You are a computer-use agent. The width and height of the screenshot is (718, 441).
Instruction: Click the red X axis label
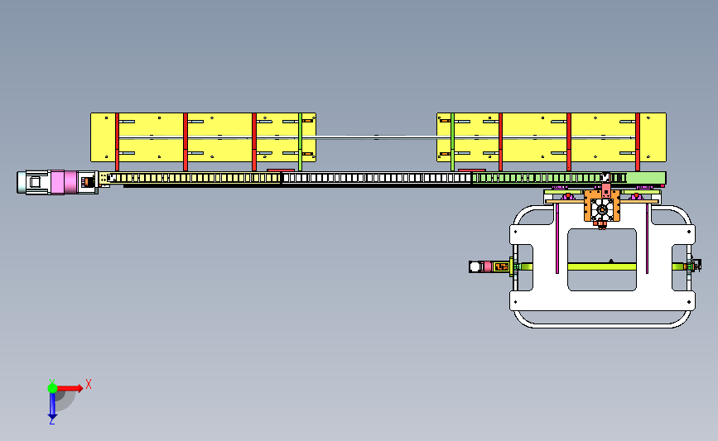click(x=89, y=384)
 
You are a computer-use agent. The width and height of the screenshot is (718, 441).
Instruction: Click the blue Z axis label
click(x=51, y=422)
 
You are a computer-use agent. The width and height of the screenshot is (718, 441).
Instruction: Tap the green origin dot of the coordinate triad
click(x=52, y=388)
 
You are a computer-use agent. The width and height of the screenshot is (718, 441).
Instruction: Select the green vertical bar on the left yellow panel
click(x=301, y=141)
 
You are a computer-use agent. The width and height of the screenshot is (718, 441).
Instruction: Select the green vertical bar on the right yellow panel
click(x=452, y=141)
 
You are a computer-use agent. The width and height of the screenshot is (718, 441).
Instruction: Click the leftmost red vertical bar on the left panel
click(x=118, y=141)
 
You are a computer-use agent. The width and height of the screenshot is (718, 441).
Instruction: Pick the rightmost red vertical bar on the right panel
click(x=638, y=141)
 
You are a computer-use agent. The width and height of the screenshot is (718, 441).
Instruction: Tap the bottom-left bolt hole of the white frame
click(x=516, y=302)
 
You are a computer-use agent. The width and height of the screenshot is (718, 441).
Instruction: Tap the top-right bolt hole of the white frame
click(x=689, y=232)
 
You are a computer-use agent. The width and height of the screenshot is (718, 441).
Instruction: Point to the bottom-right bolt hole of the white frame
click(x=689, y=302)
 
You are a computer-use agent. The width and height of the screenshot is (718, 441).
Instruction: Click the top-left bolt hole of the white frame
click(x=516, y=232)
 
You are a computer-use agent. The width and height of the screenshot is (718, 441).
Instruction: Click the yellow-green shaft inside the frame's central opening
click(x=602, y=266)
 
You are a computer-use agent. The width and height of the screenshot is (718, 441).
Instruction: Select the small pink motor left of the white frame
click(x=488, y=266)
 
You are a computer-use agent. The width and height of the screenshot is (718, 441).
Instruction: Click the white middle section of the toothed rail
click(x=377, y=178)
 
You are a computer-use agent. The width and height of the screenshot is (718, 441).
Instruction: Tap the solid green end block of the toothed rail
click(x=646, y=178)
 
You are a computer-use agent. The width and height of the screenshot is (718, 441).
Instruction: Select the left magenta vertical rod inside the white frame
click(x=557, y=238)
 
